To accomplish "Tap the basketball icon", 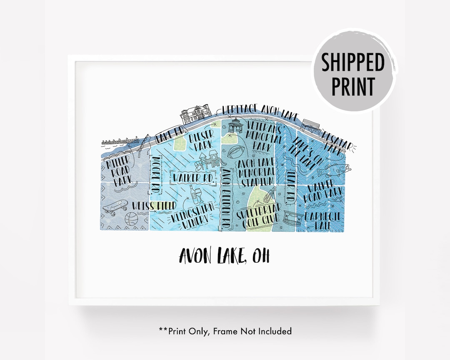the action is [130, 219].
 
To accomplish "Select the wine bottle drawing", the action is [191, 194].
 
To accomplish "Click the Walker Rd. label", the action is [194, 178].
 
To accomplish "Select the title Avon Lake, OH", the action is [224, 255].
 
